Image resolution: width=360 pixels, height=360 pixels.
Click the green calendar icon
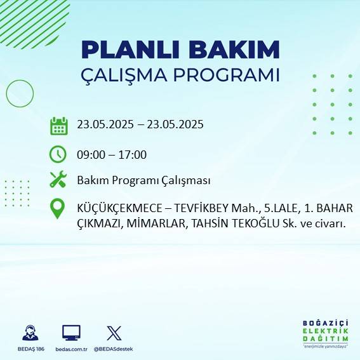(x=58, y=125)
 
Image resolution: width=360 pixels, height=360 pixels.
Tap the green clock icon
(x=58, y=154)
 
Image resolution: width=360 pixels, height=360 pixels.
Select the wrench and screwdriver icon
(x=58, y=180)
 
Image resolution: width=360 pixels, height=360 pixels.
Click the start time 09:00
(x=90, y=154)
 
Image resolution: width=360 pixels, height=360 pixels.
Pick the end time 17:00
(x=133, y=154)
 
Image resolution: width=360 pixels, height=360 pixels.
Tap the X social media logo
(x=114, y=333)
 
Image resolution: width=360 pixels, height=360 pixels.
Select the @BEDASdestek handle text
(x=114, y=349)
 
